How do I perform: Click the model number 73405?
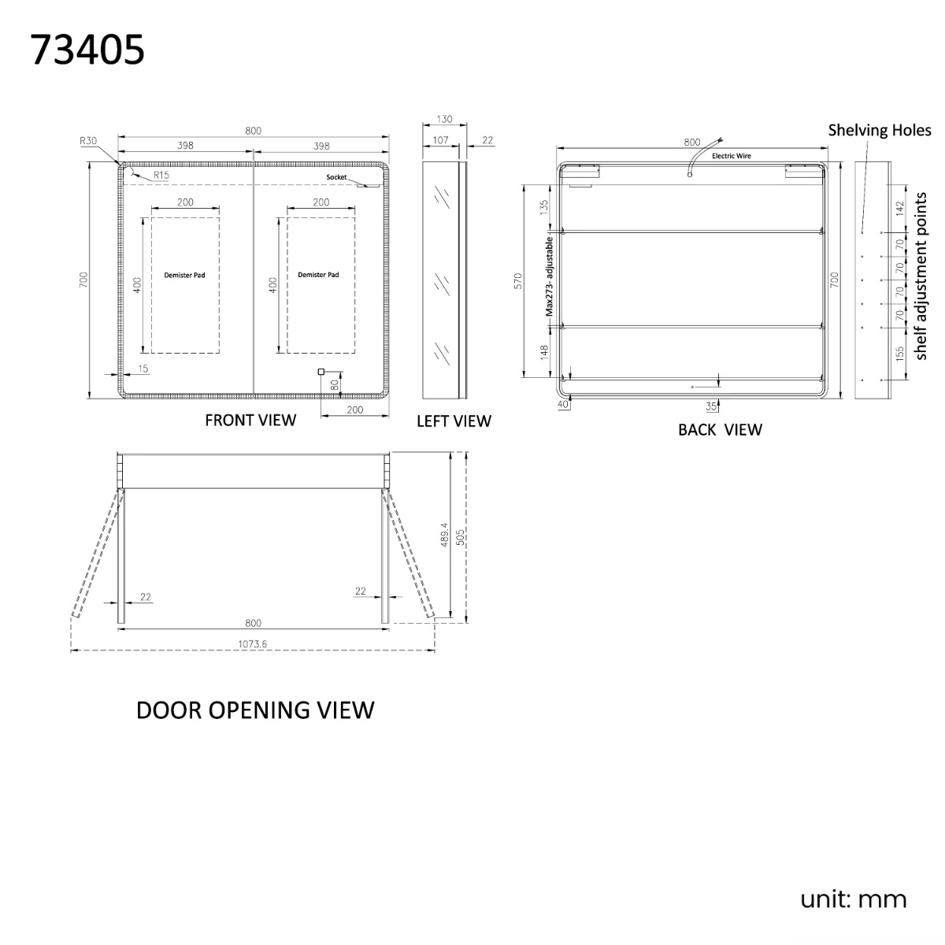click(87, 50)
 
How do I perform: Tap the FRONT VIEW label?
click(250, 421)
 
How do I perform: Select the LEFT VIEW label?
click(454, 421)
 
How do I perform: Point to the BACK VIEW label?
click(720, 430)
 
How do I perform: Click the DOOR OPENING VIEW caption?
click(255, 710)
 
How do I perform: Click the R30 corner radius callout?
click(88, 141)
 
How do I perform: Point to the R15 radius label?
click(161, 175)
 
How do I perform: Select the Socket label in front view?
click(336, 177)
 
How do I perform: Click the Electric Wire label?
click(731, 156)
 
